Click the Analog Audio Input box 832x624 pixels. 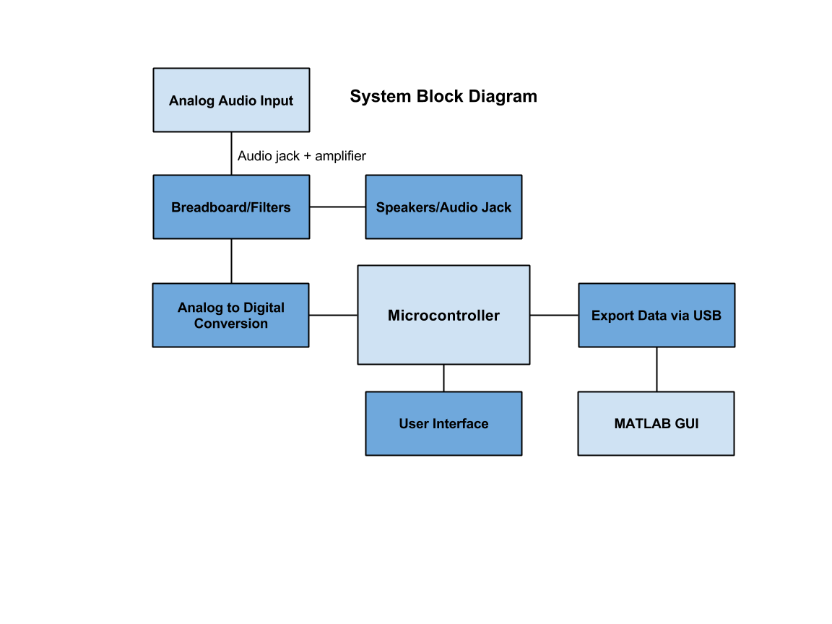click(x=231, y=100)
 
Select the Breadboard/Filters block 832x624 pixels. click(x=231, y=207)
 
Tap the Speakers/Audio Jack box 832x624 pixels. click(x=443, y=207)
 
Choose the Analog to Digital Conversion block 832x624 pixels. click(x=230, y=315)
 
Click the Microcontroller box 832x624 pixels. click(x=443, y=315)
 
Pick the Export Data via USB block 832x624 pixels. click(x=656, y=315)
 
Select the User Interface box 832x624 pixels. click(x=443, y=423)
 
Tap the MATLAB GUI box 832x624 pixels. click(x=656, y=423)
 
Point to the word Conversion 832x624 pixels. click(x=231, y=324)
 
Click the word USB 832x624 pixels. click(x=707, y=316)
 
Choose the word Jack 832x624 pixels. click(x=497, y=207)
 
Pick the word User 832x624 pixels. click(x=413, y=424)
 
